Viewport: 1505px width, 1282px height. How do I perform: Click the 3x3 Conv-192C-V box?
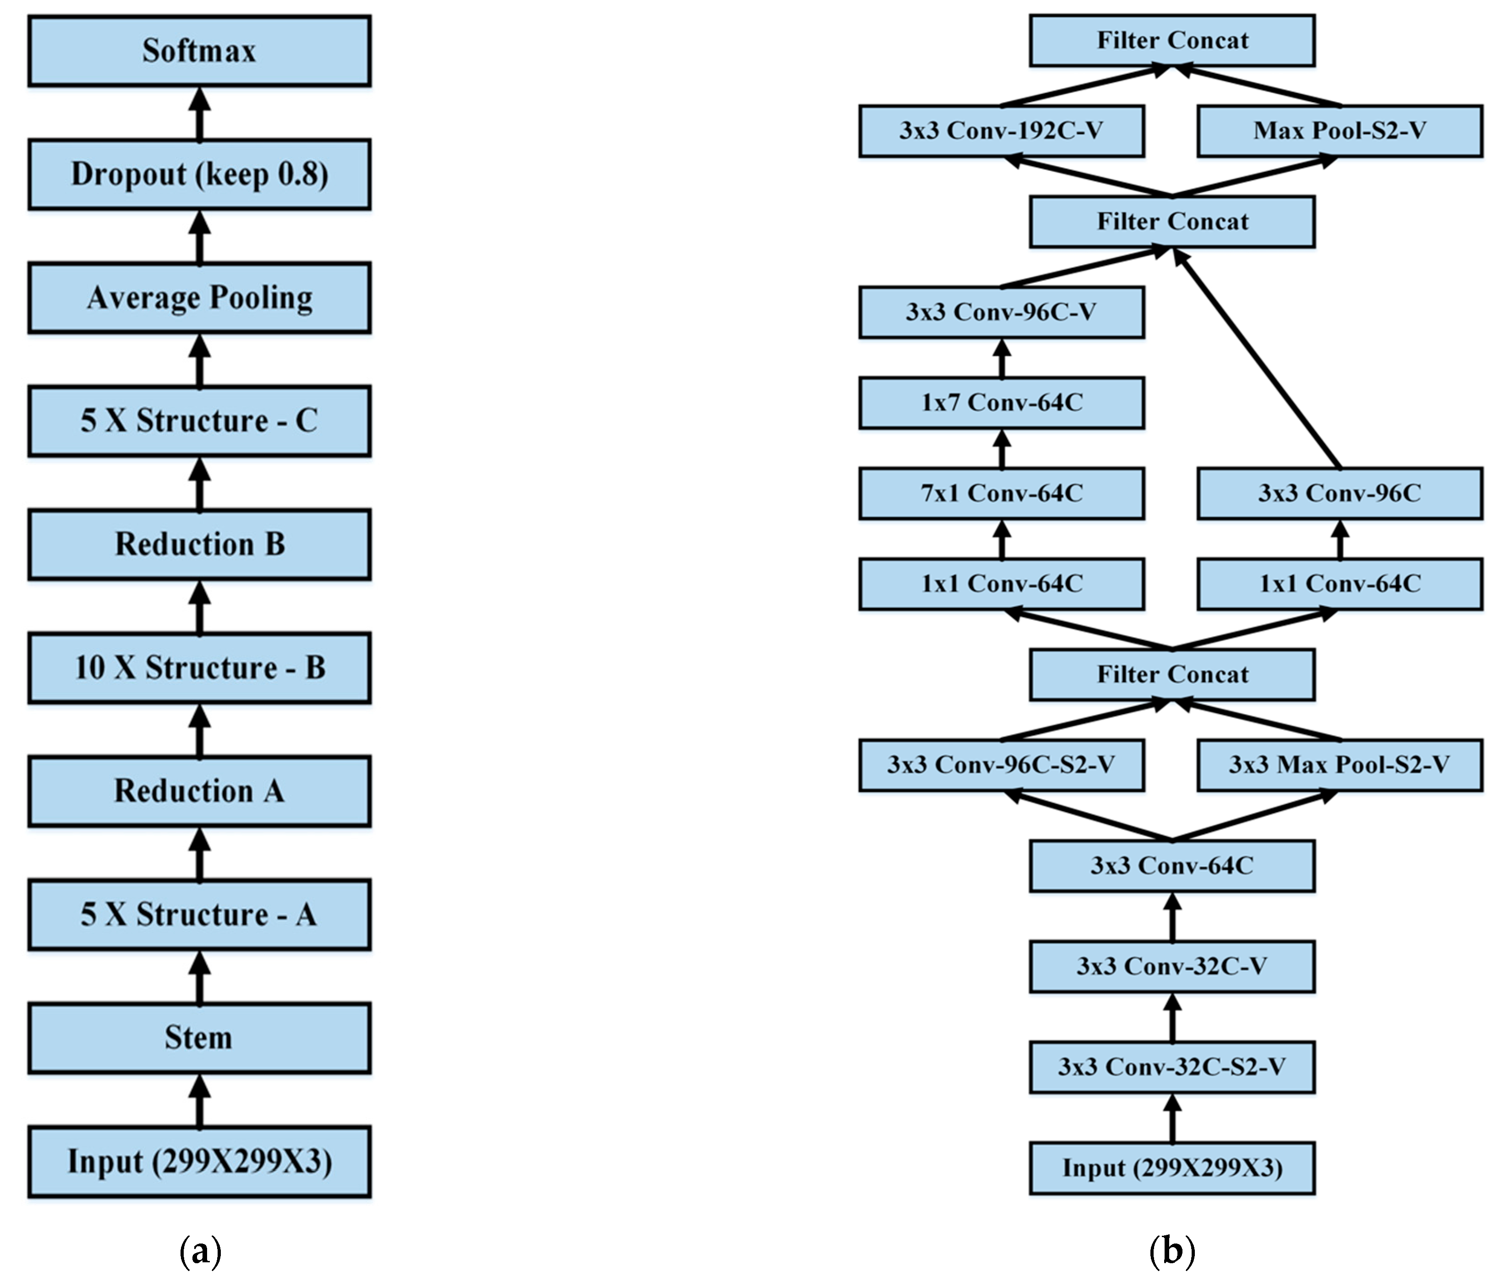(x=1001, y=131)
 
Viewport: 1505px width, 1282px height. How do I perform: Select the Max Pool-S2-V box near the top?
(x=1340, y=131)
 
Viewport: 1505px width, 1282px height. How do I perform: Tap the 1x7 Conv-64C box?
(x=1001, y=403)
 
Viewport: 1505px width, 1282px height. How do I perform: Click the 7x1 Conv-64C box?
(x=1001, y=493)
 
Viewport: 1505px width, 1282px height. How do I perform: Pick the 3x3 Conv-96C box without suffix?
(x=1340, y=493)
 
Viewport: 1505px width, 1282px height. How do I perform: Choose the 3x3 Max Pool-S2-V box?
(x=1340, y=765)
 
